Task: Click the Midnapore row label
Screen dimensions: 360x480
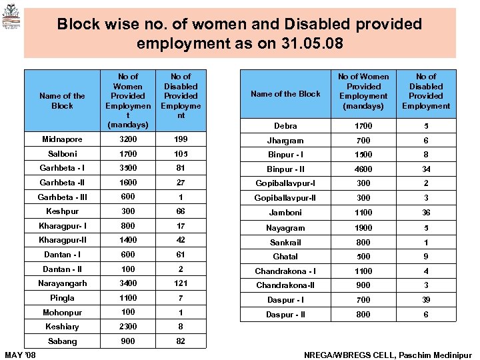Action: click(62, 139)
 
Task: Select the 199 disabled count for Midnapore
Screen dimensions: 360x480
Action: click(181, 139)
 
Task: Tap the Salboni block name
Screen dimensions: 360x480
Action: click(62, 154)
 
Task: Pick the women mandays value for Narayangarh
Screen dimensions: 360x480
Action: click(128, 283)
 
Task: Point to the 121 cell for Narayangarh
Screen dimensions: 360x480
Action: click(181, 283)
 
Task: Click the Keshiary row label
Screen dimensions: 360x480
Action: click(62, 327)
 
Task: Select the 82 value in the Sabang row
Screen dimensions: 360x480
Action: click(181, 341)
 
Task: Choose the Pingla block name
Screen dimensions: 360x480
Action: click(62, 298)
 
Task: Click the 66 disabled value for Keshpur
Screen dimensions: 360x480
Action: click(181, 211)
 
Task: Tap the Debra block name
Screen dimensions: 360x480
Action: click(286, 126)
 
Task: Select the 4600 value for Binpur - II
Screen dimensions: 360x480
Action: click(363, 169)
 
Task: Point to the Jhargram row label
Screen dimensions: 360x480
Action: click(286, 141)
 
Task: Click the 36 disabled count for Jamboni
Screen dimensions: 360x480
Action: click(426, 213)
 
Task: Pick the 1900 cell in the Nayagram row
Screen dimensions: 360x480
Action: click(363, 228)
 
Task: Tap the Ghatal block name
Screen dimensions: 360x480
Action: click(286, 257)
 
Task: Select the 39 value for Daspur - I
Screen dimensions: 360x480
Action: click(426, 300)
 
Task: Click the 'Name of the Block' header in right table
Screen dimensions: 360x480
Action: click(286, 94)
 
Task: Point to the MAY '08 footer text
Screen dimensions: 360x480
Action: click(21, 353)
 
